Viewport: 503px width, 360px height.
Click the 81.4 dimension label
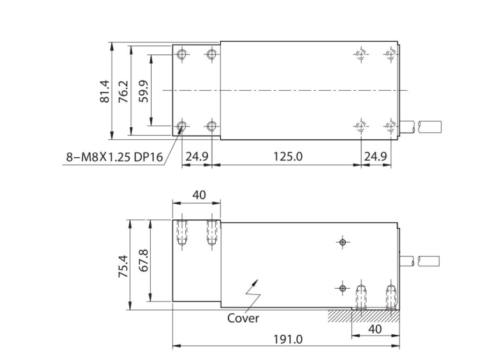(104, 90)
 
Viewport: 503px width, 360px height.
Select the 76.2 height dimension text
(122, 90)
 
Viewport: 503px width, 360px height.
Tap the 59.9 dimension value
(143, 90)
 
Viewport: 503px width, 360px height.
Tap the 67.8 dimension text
(143, 264)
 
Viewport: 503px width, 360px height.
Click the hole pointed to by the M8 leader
(182, 126)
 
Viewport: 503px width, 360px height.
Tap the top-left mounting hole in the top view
(182, 55)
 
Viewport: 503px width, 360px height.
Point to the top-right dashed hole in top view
(390, 55)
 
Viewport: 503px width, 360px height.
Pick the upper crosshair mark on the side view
(342, 242)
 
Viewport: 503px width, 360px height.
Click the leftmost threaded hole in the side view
(182, 233)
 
